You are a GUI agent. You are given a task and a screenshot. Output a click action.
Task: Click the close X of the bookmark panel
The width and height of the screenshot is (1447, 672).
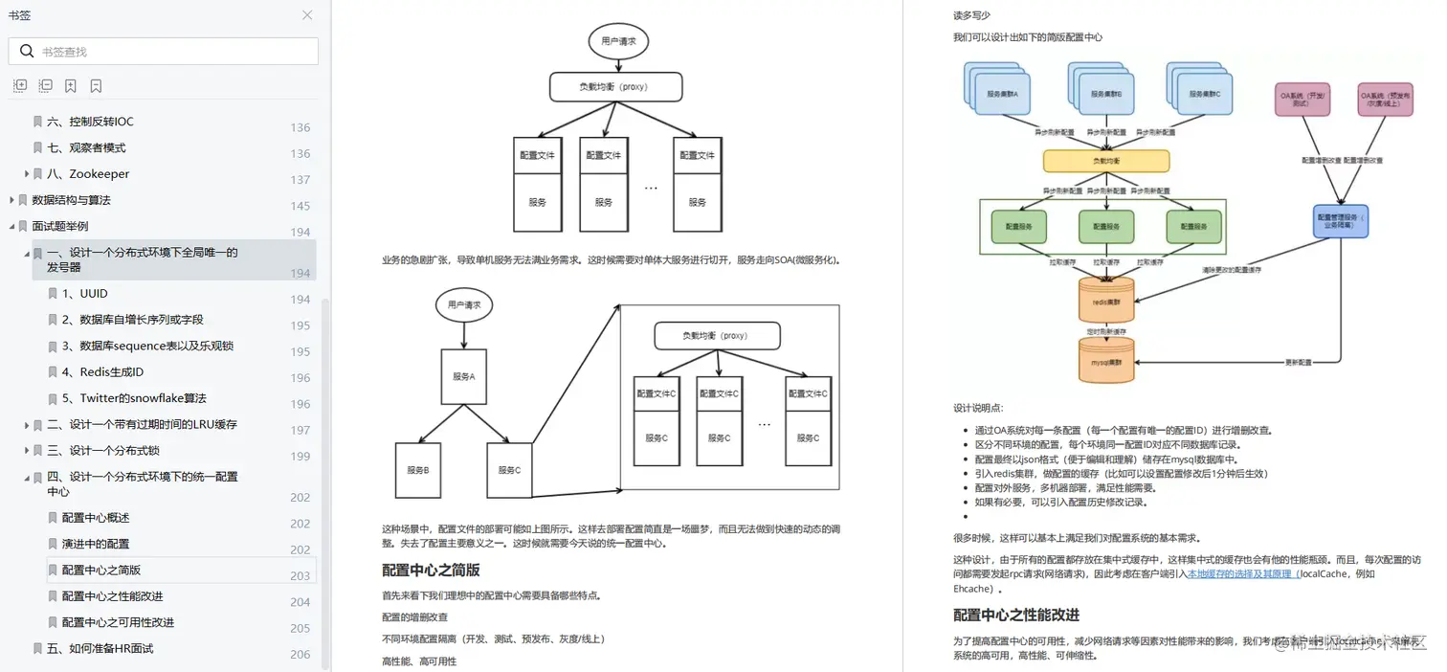click(307, 15)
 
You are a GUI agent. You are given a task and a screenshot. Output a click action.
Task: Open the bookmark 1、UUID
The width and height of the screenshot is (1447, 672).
click(85, 294)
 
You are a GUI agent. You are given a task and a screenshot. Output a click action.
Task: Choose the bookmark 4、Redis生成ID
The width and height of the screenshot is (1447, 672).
click(102, 372)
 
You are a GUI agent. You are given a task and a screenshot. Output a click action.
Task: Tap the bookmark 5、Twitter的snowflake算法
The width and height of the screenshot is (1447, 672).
click(134, 398)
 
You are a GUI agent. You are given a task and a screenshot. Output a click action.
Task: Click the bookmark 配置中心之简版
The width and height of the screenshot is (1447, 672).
click(101, 571)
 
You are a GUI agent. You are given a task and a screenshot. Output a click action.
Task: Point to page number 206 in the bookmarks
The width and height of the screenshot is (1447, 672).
click(301, 655)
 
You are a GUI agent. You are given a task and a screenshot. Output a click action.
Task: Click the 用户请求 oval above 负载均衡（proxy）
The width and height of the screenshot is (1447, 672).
click(618, 41)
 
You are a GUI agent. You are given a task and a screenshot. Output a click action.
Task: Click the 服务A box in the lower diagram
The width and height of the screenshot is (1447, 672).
click(464, 376)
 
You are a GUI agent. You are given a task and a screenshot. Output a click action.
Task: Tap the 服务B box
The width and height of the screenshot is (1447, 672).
click(418, 470)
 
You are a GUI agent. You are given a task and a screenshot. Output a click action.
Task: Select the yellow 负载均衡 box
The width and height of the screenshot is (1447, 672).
click(1105, 162)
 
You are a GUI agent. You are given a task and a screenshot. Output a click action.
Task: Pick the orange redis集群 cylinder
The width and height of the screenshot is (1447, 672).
click(1105, 301)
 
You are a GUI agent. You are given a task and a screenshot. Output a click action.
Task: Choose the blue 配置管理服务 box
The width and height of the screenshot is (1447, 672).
click(1341, 221)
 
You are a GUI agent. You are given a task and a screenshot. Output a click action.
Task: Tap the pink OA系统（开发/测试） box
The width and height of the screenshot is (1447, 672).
click(1302, 100)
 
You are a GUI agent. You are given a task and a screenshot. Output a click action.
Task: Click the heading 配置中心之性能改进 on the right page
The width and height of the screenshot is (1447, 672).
click(1016, 615)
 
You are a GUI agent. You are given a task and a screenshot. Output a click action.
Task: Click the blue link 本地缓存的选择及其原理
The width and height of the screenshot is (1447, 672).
click(1240, 574)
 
